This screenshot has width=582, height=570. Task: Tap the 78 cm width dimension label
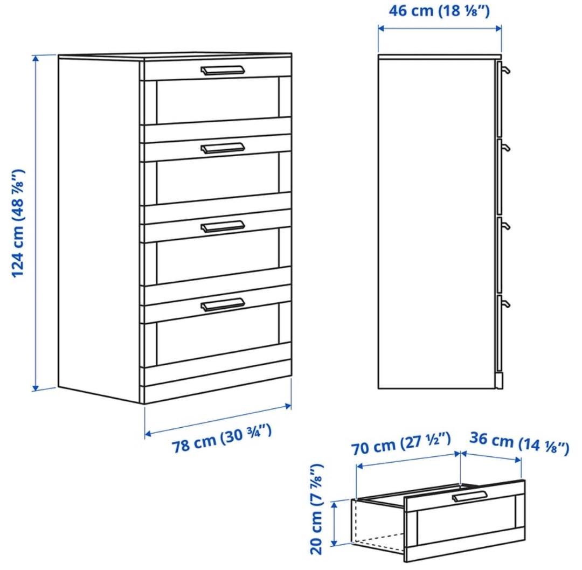coord(221,439)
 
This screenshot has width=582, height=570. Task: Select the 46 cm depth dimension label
coord(439,11)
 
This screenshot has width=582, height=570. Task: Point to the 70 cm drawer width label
coord(401,443)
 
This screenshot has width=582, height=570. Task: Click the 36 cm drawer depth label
coord(519,443)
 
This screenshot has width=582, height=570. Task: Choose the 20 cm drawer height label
coord(317,510)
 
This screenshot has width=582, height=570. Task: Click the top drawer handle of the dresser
coord(223,70)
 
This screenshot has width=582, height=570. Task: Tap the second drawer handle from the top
coord(223,148)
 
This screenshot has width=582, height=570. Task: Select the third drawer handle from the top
coord(223,226)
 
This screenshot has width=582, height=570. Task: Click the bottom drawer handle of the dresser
coord(223,304)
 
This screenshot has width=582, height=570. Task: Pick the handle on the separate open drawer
coord(469,497)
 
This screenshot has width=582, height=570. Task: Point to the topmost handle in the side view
coord(505,68)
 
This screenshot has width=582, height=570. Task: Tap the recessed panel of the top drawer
coord(218,101)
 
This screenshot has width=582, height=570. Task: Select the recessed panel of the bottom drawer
coord(218,334)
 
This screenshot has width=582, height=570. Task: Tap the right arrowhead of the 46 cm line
coord(498,28)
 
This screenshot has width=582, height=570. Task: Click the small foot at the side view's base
coord(500,381)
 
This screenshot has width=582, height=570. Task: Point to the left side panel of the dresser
coord(99,229)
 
